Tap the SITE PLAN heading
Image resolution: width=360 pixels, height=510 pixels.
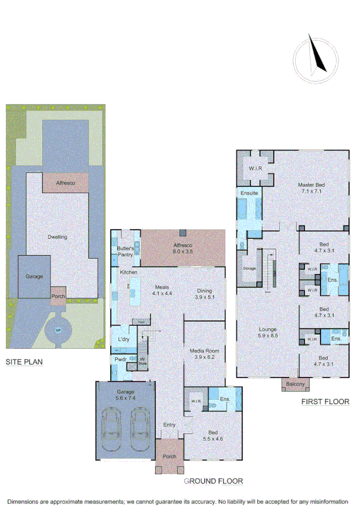[x=25, y=363]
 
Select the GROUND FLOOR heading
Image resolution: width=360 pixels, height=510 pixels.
[x=213, y=481]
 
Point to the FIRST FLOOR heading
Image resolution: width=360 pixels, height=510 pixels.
[x=325, y=402]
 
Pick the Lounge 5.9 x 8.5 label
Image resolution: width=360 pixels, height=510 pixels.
[x=267, y=333]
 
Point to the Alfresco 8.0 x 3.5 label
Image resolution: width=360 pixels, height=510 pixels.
[x=183, y=248]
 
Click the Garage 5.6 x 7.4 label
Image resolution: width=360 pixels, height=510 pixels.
[x=125, y=395]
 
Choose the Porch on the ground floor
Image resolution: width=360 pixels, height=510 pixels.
[x=169, y=456]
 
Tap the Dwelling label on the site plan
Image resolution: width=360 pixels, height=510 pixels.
[x=58, y=237]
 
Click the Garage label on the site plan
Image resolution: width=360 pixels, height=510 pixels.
[x=33, y=277]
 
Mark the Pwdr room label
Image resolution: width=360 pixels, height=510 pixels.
[x=121, y=360]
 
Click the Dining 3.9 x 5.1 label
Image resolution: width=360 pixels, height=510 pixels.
[x=204, y=294]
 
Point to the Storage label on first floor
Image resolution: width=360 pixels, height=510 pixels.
[x=249, y=268]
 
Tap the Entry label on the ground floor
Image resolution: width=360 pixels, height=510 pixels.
[x=169, y=425]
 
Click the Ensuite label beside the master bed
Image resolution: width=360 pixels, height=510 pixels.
[x=249, y=193]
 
